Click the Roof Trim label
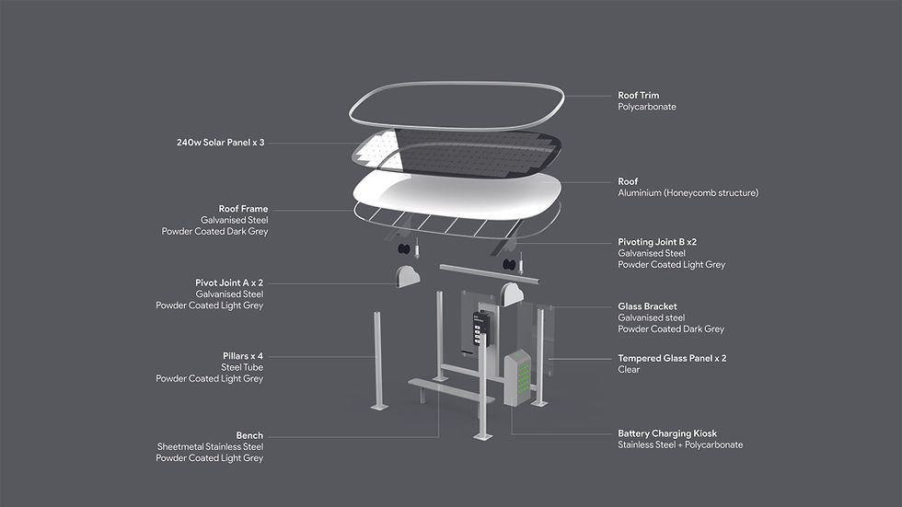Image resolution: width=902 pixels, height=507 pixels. (638, 95)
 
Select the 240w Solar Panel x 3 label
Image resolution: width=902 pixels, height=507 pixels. (220, 143)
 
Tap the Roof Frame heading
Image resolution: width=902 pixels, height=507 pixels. (243, 209)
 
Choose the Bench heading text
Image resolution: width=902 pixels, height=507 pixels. (249, 435)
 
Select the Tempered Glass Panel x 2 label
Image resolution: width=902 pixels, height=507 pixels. (671, 358)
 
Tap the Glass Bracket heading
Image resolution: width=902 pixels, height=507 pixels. (647, 306)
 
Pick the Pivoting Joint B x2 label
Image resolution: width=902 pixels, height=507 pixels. (657, 242)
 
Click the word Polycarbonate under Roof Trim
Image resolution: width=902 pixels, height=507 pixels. (648, 108)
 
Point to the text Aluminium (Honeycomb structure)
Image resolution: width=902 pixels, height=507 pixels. (688, 193)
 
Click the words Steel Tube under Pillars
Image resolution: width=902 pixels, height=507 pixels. (241, 367)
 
